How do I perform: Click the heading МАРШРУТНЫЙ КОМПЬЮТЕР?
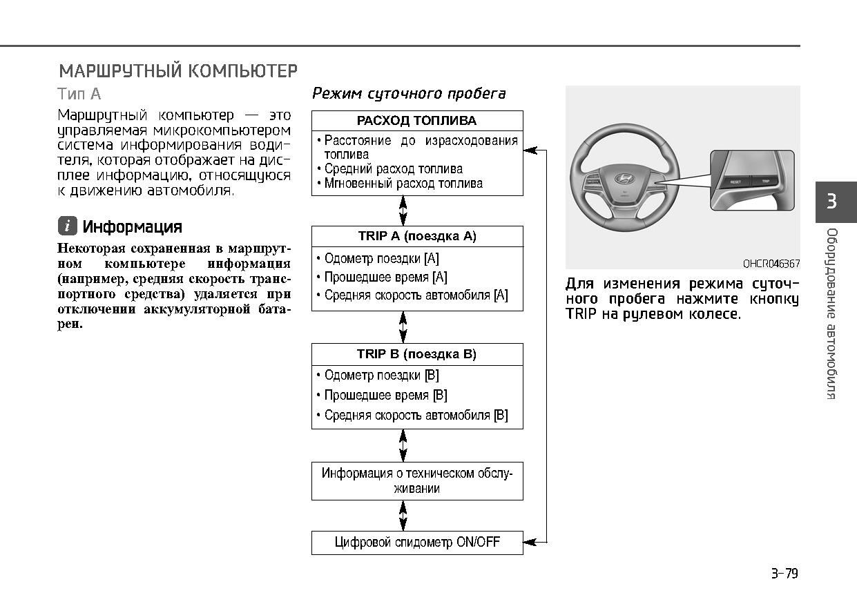[178, 71]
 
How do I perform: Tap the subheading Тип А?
[79, 94]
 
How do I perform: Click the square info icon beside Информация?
[68, 226]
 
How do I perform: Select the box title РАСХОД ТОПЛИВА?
[416, 121]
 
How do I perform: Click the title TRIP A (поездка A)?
[417, 236]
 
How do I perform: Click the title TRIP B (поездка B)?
[416, 354]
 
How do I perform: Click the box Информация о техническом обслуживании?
[417, 481]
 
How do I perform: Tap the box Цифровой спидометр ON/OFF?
[417, 543]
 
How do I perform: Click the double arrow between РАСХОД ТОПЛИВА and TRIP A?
[403, 211]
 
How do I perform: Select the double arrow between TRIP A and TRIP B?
[403, 327]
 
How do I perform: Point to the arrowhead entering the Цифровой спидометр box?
[530, 542]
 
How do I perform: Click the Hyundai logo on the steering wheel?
[624, 179]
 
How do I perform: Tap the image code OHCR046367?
[771, 264]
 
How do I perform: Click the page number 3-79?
[784, 574]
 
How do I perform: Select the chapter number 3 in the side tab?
[831, 201]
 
